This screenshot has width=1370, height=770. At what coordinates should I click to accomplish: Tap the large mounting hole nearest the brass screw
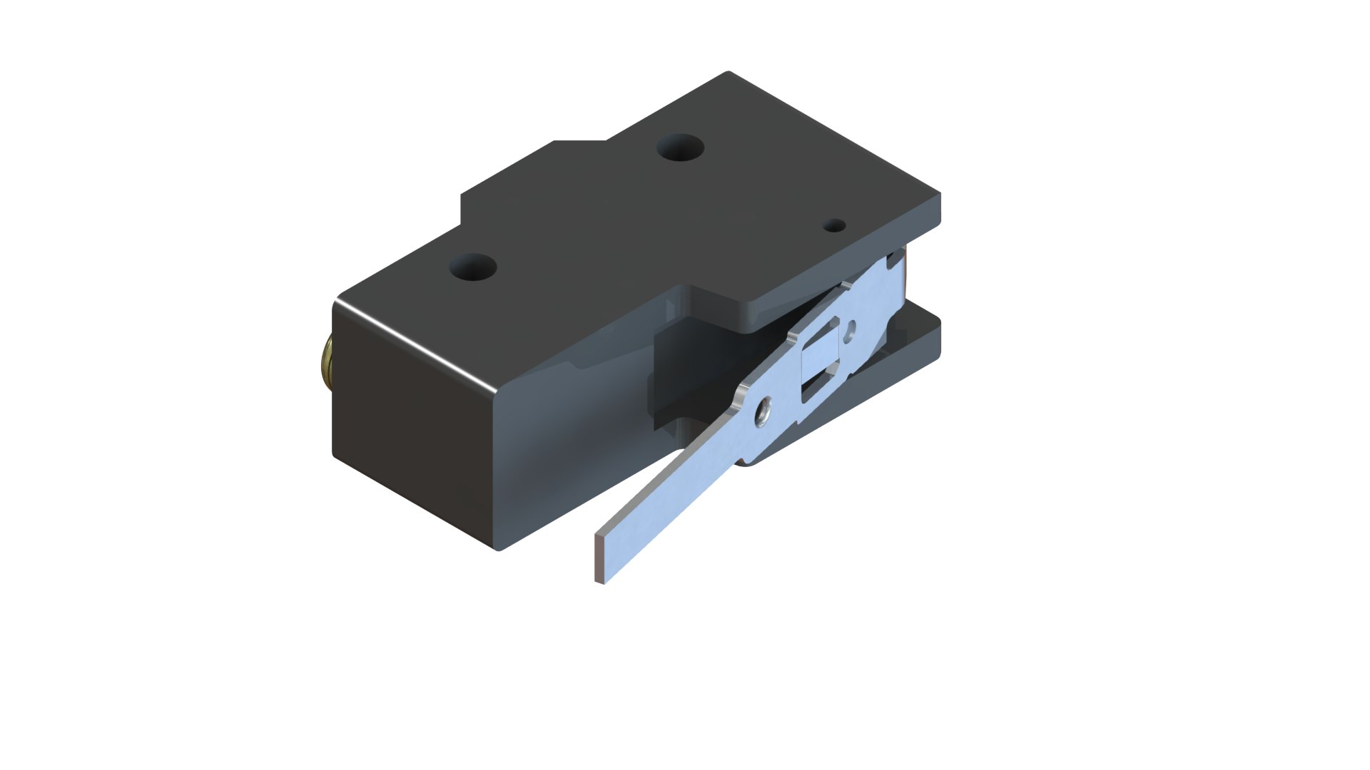click(472, 268)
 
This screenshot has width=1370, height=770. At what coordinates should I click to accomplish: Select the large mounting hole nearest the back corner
click(680, 148)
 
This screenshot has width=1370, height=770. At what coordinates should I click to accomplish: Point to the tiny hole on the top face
click(834, 226)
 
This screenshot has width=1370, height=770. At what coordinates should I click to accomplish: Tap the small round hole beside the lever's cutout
click(849, 331)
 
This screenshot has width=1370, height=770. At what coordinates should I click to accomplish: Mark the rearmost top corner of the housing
click(728, 73)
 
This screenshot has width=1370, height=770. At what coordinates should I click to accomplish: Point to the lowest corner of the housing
click(498, 549)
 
